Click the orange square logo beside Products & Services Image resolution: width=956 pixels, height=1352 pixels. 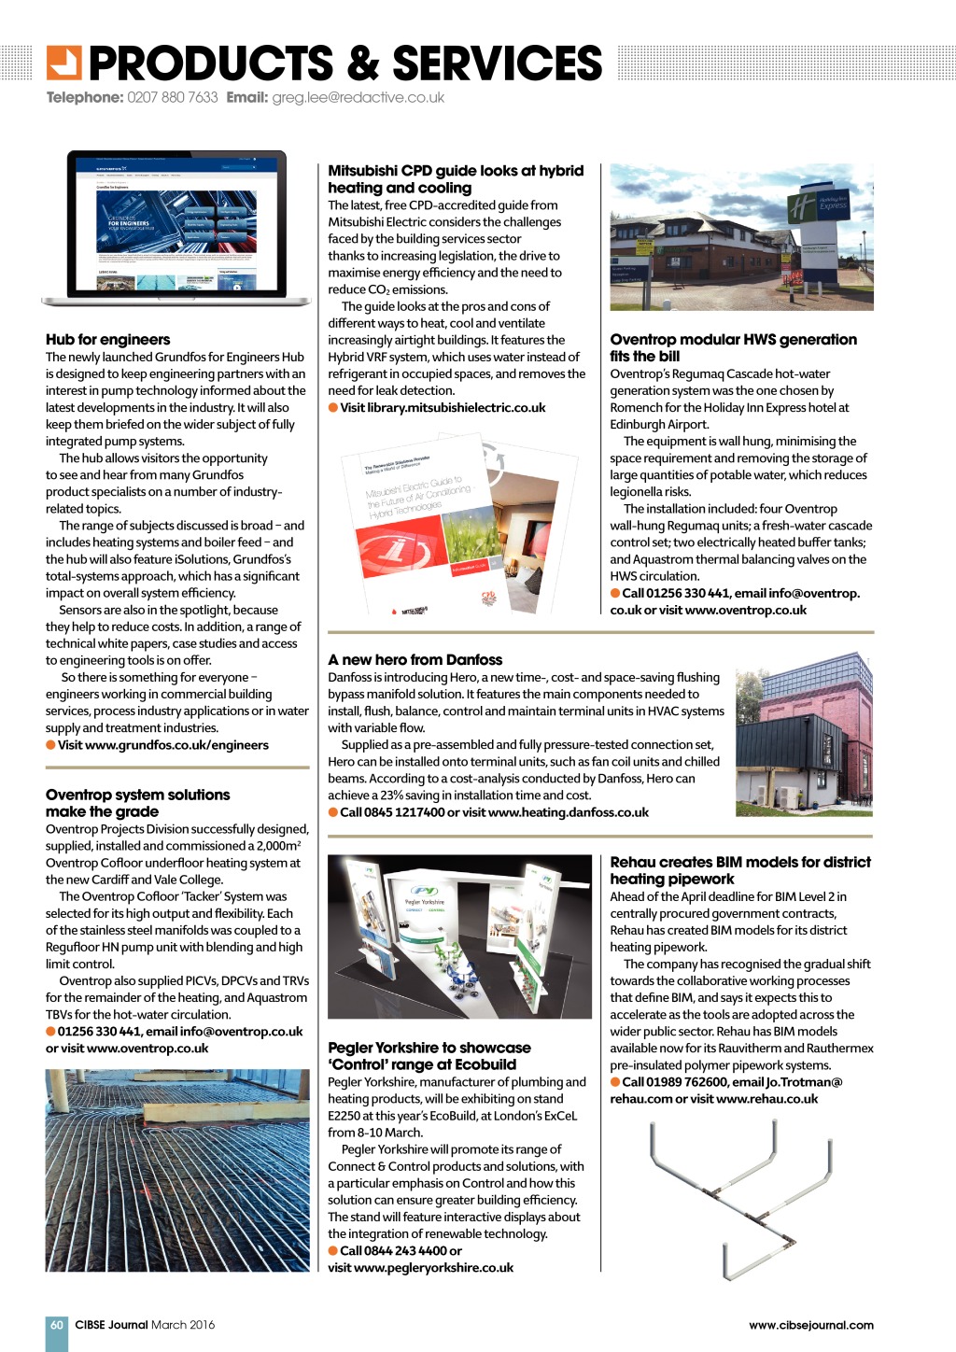(64, 63)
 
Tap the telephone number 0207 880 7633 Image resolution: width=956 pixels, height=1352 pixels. (172, 97)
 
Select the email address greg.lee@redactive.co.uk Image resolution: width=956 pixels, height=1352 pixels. (358, 97)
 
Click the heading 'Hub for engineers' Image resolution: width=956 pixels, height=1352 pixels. (108, 340)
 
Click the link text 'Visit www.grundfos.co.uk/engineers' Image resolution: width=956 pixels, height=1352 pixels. (163, 745)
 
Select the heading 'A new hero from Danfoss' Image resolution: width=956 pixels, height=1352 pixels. (415, 660)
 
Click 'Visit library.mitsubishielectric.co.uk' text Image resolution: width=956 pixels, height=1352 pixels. (443, 408)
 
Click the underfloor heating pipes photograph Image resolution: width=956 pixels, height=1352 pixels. (177, 1170)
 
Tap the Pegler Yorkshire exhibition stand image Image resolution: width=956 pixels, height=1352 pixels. (459, 937)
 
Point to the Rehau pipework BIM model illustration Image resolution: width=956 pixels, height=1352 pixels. (739, 1196)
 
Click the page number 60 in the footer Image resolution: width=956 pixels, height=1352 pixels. (57, 1325)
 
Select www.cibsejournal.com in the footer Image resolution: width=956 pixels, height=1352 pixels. (810, 1325)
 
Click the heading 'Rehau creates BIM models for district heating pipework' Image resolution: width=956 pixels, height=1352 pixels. (739, 870)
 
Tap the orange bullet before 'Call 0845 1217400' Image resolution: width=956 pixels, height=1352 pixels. (333, 812)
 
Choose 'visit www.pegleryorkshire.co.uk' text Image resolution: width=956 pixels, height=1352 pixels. (421, 1268)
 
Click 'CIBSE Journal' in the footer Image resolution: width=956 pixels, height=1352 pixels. (111, 1325)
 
